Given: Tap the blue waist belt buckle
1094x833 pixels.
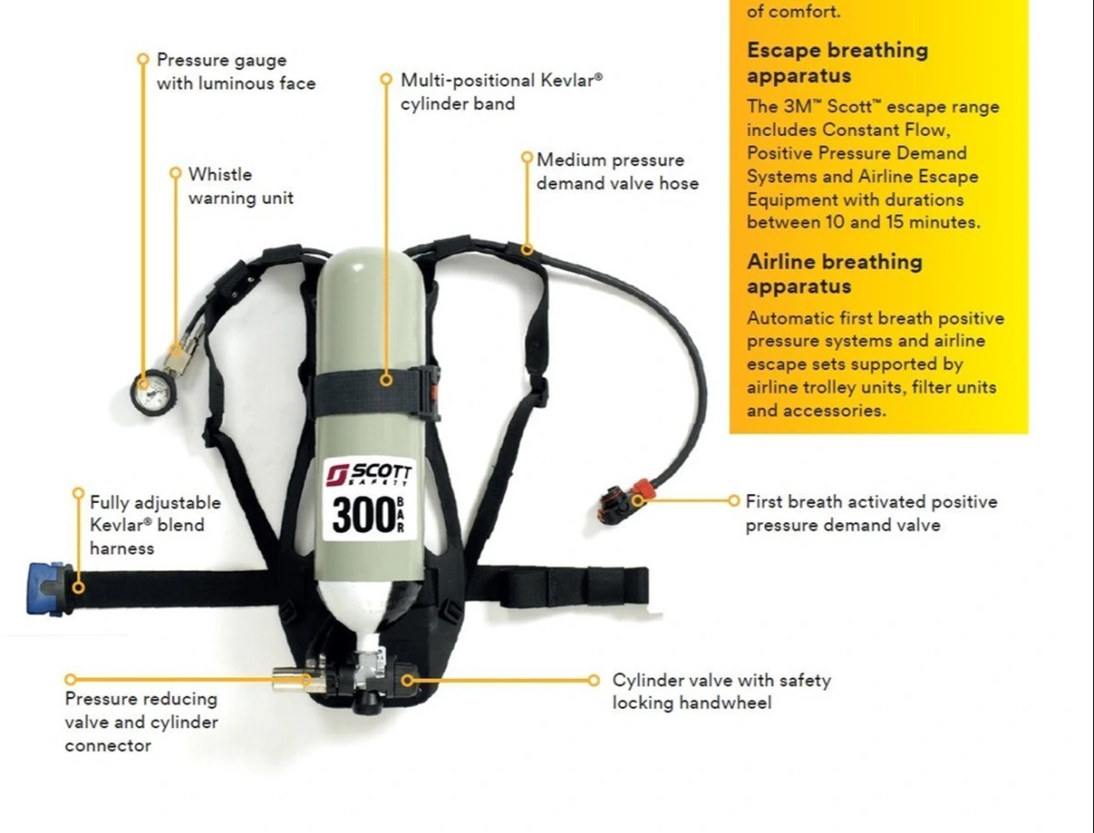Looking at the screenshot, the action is click(x=47, y=589).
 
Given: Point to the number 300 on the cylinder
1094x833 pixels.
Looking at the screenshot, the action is click(x=364, y=515).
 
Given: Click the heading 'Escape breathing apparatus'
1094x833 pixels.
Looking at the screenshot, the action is click(x=837, y=63).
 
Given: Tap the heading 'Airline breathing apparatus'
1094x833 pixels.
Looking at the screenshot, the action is click(x=834, y=274).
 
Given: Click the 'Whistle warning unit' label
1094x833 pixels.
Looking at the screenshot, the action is click(x=241, y=186).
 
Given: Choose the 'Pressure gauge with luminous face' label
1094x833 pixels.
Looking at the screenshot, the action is click(x=236, y=72).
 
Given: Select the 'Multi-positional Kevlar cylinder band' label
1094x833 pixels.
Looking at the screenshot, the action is click(x=501, y=92).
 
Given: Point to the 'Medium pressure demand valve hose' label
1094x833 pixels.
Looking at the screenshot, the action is click(x=617, y=171).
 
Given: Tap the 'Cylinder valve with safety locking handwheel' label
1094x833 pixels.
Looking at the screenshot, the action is click(x=722, y=692).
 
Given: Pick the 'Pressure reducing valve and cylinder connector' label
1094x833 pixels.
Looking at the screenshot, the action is click(x=141, y=723).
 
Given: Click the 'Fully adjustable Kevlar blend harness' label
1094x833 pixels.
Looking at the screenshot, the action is click(x=155, y=525).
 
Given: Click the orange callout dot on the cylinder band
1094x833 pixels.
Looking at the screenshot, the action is click(x=387, y=380).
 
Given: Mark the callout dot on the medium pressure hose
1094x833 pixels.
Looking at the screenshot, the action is click(x=527, y=249).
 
